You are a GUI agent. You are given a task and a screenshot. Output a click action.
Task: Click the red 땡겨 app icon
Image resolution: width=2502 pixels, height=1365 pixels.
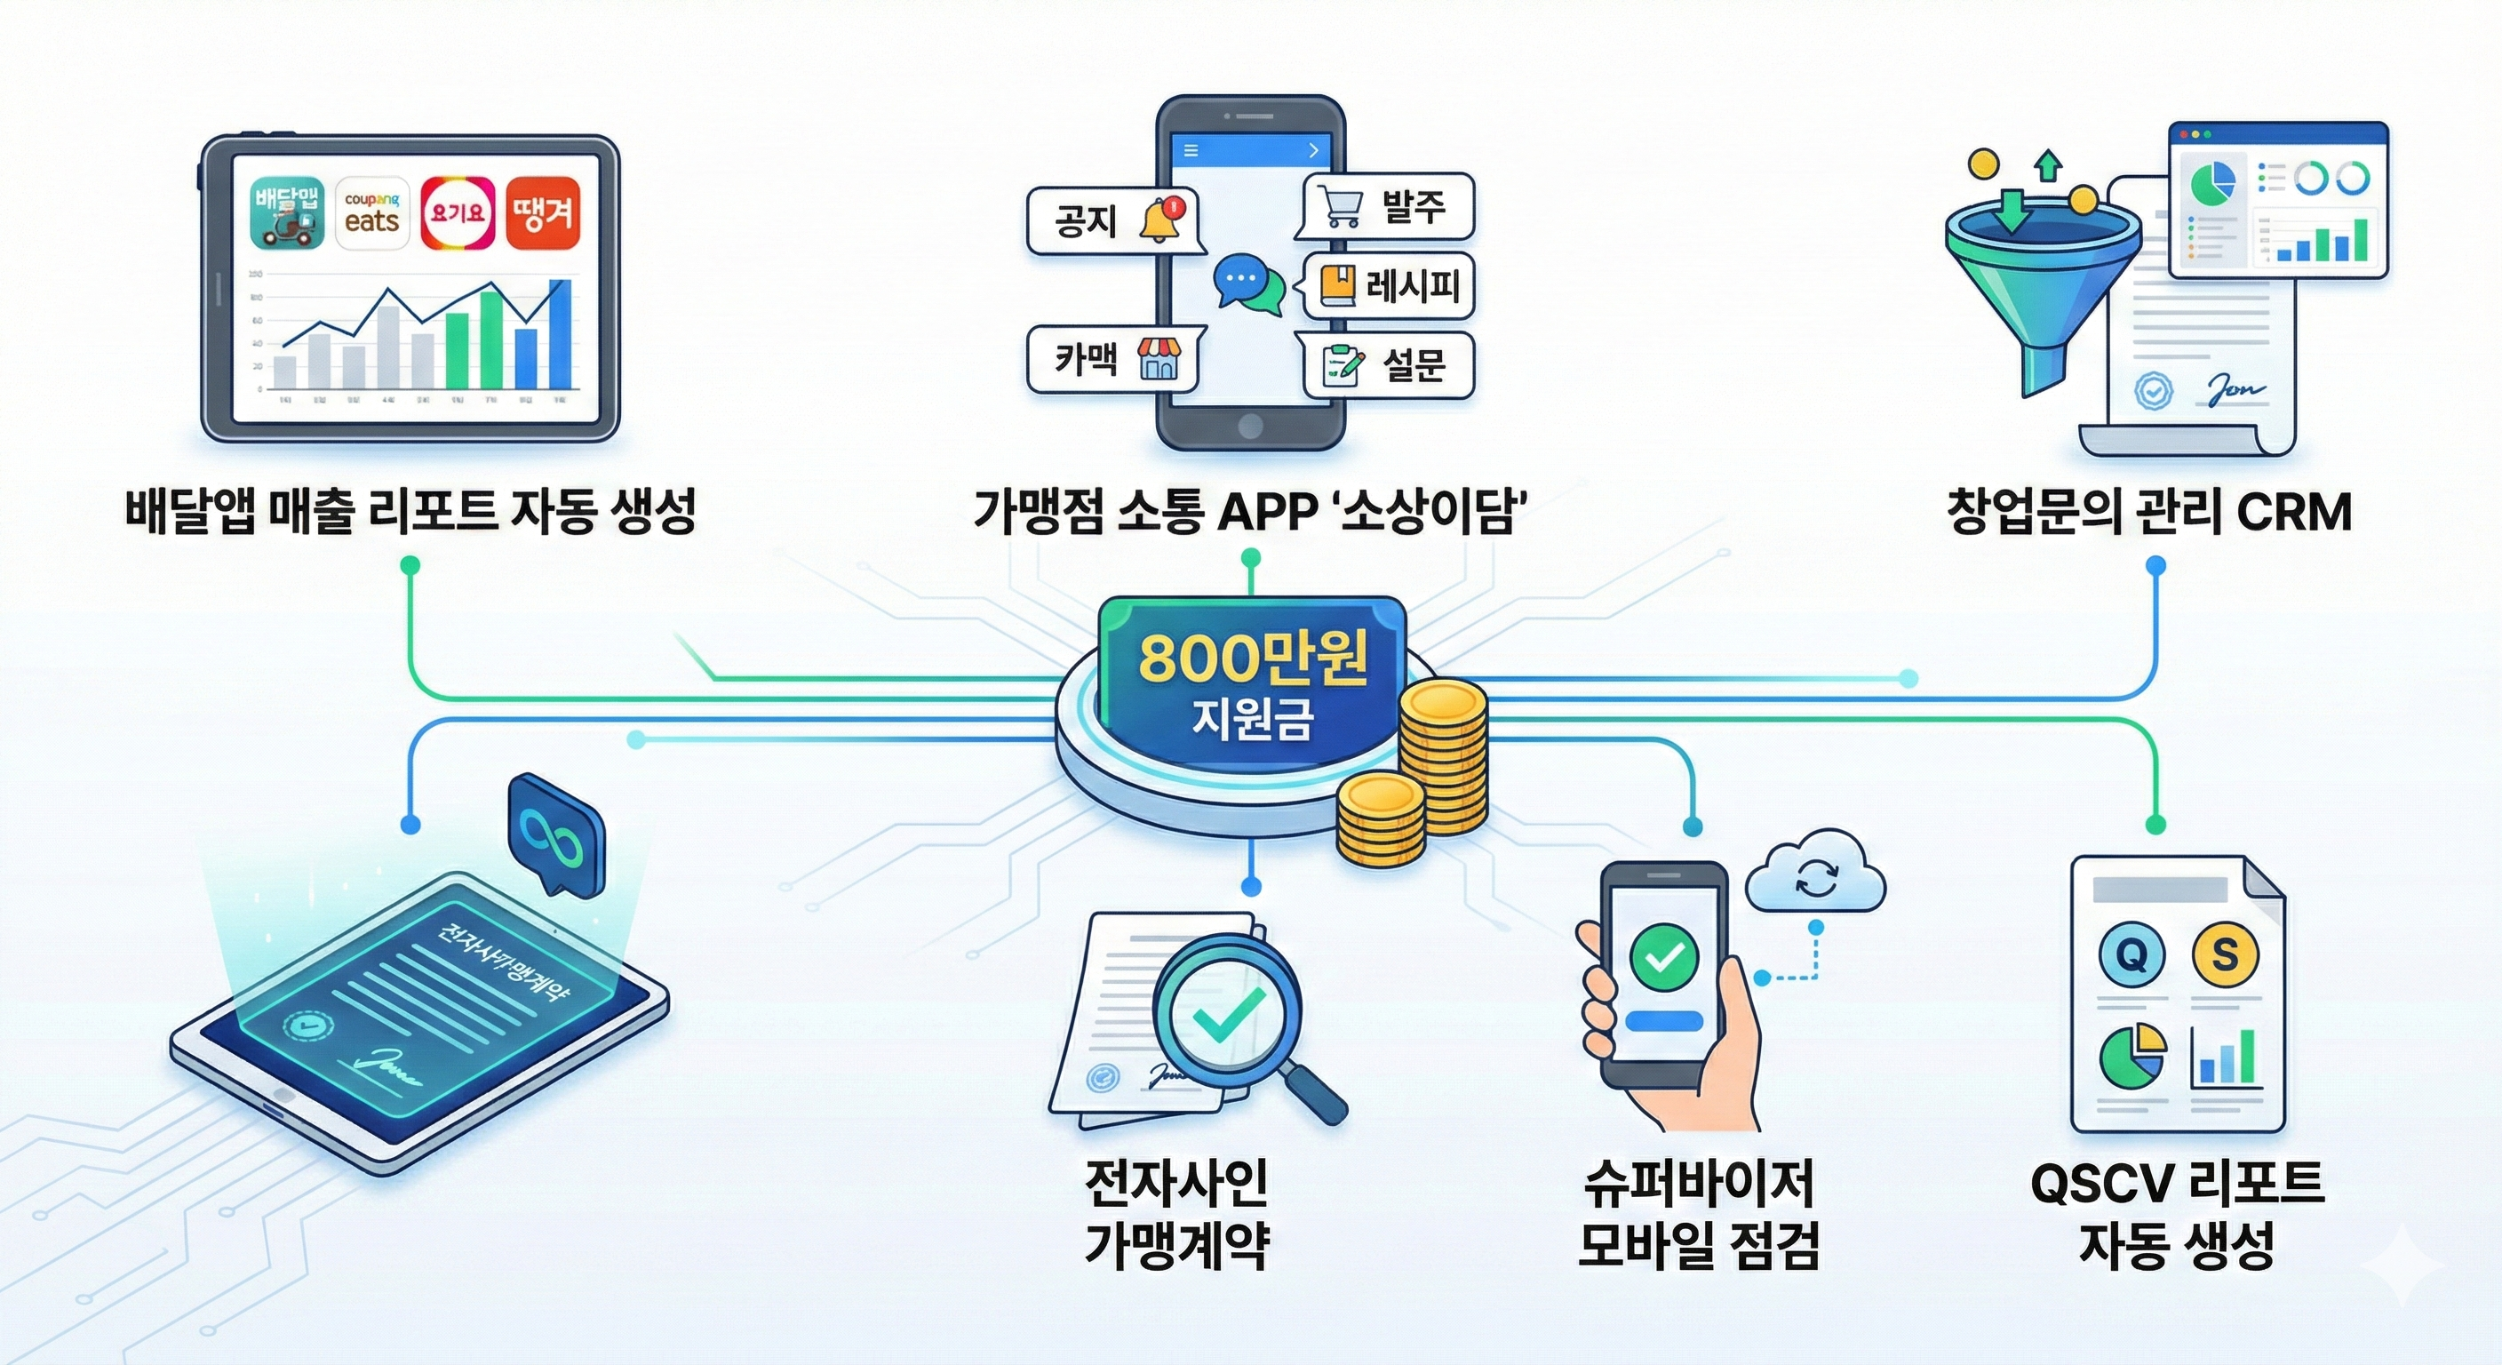coord(543,212)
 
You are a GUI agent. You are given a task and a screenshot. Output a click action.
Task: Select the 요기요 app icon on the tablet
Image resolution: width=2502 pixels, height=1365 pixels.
coord(458,212)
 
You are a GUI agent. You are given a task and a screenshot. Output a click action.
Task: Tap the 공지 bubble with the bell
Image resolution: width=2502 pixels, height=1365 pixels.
coord(1113,221)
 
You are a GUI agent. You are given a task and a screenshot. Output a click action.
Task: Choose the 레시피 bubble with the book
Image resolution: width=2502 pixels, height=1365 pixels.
coord(1389,285)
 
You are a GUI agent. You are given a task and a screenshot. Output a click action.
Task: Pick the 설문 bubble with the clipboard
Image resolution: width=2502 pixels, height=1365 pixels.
coord(1389,364)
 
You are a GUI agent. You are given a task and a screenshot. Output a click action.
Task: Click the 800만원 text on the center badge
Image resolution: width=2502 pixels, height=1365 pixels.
coord(1253,658)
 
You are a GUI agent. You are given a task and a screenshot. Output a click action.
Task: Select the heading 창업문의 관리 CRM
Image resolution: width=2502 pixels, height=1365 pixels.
coord(2148,512)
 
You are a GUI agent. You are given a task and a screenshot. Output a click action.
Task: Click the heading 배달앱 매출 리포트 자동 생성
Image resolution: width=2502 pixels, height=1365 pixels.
coord(410,512)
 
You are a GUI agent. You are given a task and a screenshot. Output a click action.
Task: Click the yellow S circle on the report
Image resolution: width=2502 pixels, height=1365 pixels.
coord(2224,955)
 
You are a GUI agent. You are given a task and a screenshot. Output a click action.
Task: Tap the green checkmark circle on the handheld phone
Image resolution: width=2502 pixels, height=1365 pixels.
coord(1666,956)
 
